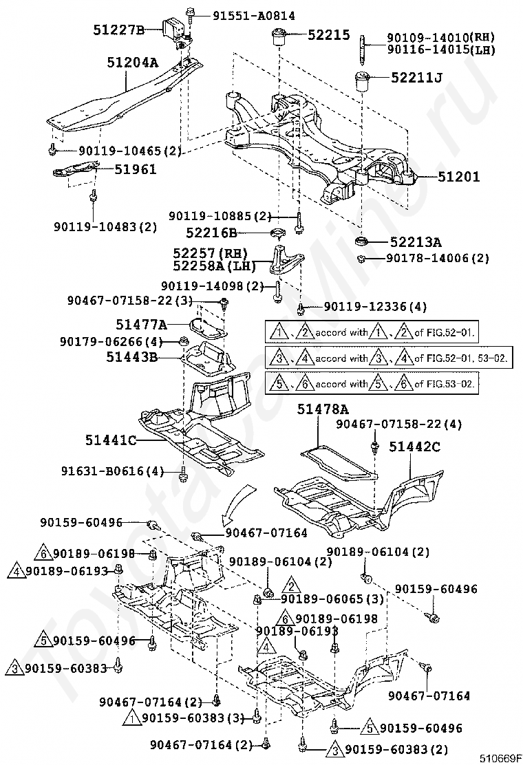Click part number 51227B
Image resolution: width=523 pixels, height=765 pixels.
119,30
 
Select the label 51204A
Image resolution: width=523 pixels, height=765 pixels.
133,63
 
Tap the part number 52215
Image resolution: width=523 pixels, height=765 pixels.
329,34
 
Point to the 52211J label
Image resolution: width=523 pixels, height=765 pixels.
416,77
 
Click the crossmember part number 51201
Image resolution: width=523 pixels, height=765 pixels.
458,177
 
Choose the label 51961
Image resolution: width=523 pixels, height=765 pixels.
136,169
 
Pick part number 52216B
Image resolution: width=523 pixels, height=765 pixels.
211,233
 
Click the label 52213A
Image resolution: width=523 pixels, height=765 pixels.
416,241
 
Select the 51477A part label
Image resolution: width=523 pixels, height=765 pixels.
142,324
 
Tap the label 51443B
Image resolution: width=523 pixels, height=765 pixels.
132,357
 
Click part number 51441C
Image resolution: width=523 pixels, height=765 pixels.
111,440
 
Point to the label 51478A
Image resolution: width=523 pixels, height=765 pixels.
323,409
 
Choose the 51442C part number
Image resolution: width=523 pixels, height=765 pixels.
415,446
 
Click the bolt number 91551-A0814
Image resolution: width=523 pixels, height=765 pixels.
254,16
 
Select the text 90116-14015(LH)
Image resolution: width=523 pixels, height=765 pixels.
442,50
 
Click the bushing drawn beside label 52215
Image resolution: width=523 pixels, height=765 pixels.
279,37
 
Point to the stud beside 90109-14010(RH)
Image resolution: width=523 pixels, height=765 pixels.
363,50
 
